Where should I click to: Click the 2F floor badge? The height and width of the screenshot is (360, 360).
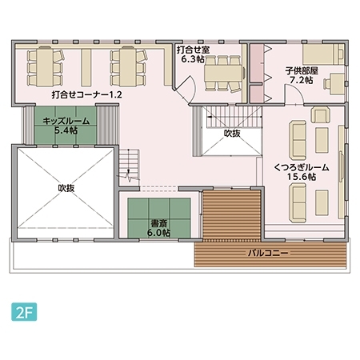point(24,312)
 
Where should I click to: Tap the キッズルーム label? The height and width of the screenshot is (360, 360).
point(66,121)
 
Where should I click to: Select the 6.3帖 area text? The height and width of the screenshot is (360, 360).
point(193,59)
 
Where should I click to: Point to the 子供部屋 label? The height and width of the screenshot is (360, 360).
point(302,71)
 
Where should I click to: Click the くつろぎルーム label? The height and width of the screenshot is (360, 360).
point(302,167)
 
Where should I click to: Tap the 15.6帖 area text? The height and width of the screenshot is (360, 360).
point(302,177)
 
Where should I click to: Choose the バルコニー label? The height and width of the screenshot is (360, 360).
point(268,253)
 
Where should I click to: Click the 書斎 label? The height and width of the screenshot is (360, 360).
point(158,223)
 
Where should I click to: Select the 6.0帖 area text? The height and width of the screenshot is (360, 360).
point(158,233)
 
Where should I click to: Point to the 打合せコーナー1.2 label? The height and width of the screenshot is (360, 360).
point(87,94)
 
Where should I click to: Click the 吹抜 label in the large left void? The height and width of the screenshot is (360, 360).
point(66,188)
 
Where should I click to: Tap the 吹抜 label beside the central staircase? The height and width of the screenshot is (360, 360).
point(232,133)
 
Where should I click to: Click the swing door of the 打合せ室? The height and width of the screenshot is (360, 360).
point(186,90)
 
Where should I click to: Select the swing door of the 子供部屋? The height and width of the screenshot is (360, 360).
point(294,94)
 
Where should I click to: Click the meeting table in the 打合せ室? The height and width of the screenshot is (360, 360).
point(223,73)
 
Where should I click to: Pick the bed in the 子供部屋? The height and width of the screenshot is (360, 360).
point(323,54)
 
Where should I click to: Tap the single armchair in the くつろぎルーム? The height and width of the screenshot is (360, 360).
point(320,114)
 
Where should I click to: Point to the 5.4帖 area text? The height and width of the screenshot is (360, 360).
point(66,130)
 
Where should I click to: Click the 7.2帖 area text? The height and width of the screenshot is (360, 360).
point(302,80)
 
